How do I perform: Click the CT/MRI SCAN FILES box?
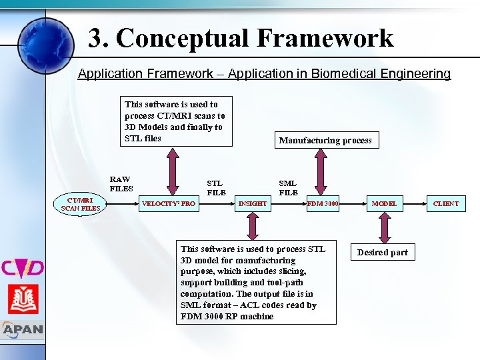coord(81,204)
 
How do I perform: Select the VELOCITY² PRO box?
coord(169,203)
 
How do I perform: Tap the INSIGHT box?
coord(253,203)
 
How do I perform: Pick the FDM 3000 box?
coord(322,203)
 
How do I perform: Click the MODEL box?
coord(384,203)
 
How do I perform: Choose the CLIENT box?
coord(446,203)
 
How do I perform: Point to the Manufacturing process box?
coord(325,140)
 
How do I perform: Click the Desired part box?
coord(383,253)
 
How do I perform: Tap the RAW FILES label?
coord(121,183)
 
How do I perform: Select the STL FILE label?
coord(215,187)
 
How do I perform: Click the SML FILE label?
coord(288,187)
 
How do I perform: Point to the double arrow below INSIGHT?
coord(253,227)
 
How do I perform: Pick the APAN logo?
coord(22,329)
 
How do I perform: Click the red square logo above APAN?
coord(23,299)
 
